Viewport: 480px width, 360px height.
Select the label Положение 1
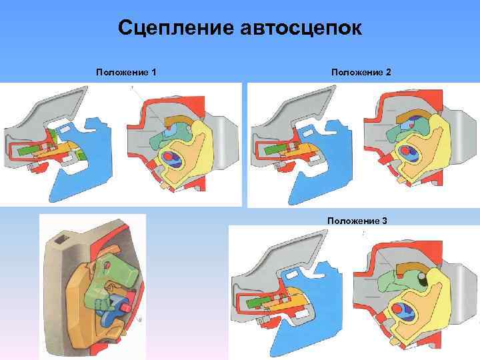point(126,71)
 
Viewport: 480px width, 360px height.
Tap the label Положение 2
point(360,71)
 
